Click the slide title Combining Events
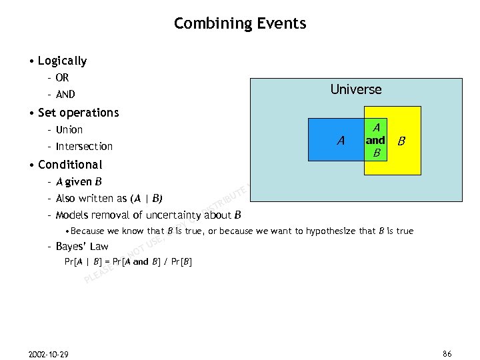pyautogui.click(x=240, y=24)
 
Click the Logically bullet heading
pyautogui.click(x=62, y=61)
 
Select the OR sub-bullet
pyautogui.click(x=62, y=78)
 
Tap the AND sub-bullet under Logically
pyautogui.click(x=65, y=95)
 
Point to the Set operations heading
pyautogui.click(x=78, y=113)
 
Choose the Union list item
pyautogui.click(x=69, y=129)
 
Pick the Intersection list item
pyautogui.click(x=84, y=146)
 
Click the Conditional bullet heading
pyautogui.click(x=70, y=164)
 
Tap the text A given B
pyautogui.click(x=79, y=181)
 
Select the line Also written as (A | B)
pyautogui.click(x=109, y=198)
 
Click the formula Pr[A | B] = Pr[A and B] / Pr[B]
pyautogui.click(x=128, y=261)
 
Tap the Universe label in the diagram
pyautogui.click(x=356, y=89)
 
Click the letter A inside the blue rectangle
pyautogui.click(x=341, y=140)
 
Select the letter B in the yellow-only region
pyautogui.click(x=401, y=141)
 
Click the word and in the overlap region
pyautogui.click(x=375, y=140)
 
